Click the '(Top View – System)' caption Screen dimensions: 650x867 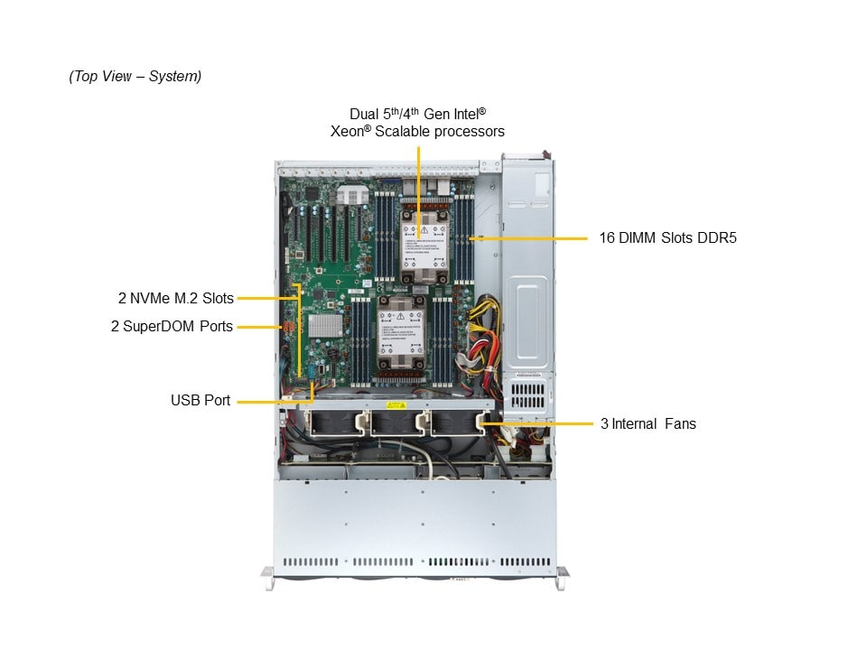[x=135, y=77]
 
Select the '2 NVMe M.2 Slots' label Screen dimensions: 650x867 [x=175, y=298]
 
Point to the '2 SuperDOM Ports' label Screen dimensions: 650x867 [x=172, y=326]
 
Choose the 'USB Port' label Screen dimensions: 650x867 [x=200, y=399]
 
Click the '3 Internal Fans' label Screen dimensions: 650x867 [x=648, y=422]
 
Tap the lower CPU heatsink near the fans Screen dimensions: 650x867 [x=401, y=331]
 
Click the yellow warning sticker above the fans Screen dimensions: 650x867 [x=398, y=405]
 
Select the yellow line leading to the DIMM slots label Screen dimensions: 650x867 [x=533, y=238]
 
